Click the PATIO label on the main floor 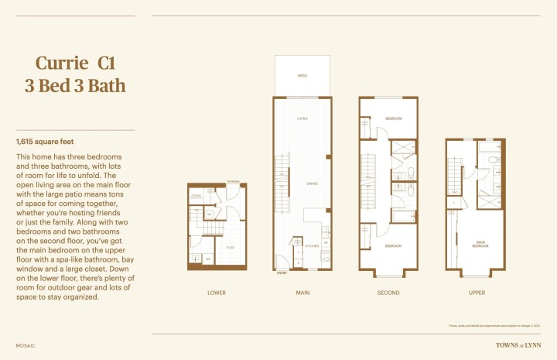[x=302, y=76]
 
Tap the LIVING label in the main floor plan [x=303, y=118]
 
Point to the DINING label [x=312, y=183]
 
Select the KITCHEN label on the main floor [x=312, y=245]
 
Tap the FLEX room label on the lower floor [x=231, y=248]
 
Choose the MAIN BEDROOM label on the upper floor [x=480, y=245]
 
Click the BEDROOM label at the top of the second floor [x=394, y=118]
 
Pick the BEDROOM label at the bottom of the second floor [x=394, y=245]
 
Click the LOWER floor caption [x=217, y=293]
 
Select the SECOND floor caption [x=388, y=293]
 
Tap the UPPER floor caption [x=477, y=293]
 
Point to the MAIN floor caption [x=302, y=293]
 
